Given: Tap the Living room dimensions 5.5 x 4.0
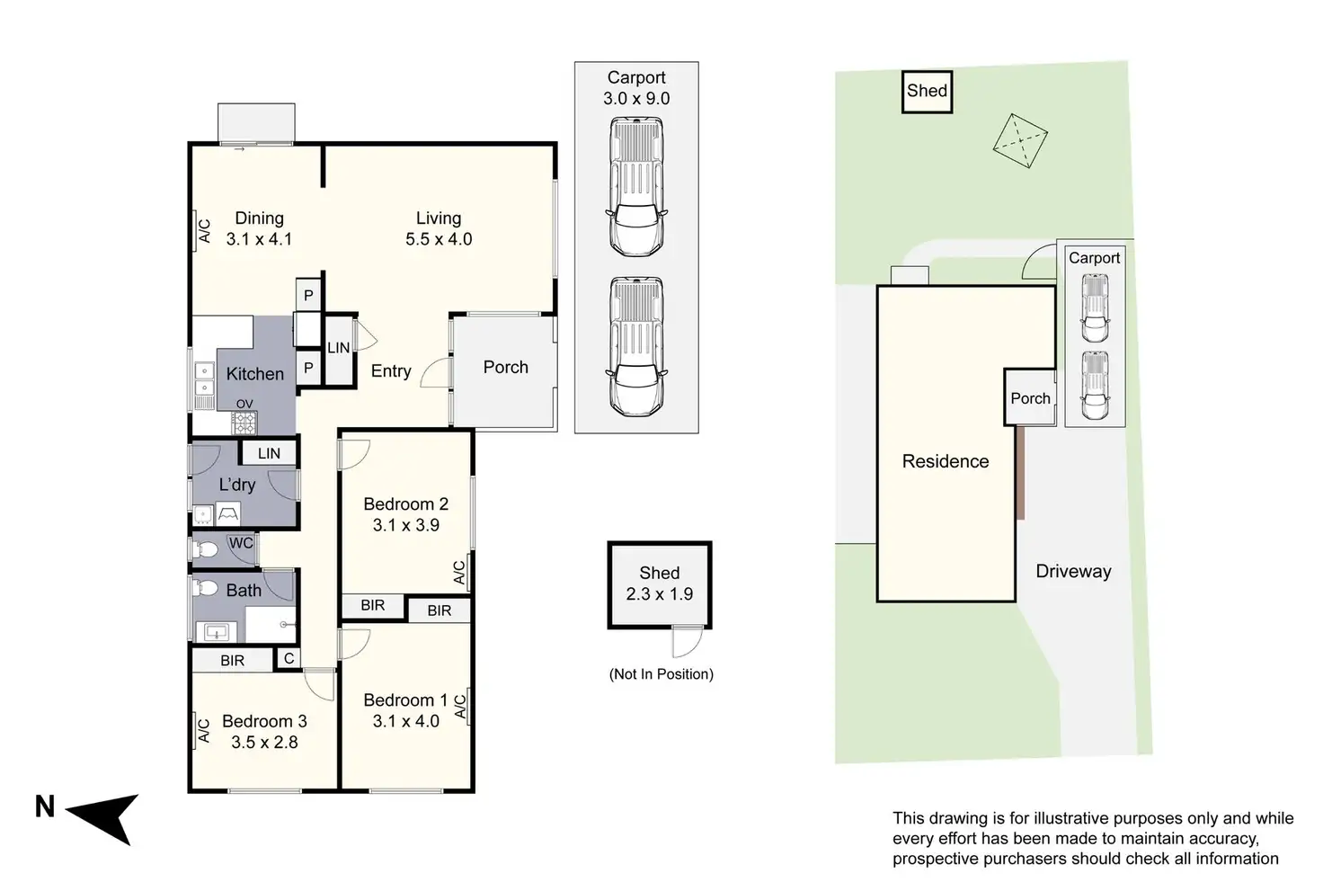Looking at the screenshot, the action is [x=439, y=240].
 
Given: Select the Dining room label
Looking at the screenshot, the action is [x=259, y=218].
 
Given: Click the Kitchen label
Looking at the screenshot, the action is [x=254, y=374].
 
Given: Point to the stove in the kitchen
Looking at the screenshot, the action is [x=244, y=422].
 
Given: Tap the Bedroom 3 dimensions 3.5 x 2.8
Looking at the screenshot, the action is [x=264, y=743].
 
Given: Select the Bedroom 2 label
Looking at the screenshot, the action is [x=405, y=504].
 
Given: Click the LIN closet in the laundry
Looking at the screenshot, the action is [x=269, y=454].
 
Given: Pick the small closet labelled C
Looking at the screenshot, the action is [x=289, y=659].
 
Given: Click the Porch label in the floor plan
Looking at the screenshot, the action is [x=505, y=368].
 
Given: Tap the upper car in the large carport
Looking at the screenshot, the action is [x=636, y=188].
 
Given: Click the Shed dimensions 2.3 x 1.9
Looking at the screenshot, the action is [x=659, y=594].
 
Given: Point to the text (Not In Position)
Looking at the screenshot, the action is [x=661, y=674].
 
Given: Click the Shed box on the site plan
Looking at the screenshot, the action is [x=927, y=91].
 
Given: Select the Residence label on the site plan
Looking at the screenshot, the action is [x=946, y=461].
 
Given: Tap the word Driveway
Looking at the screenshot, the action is [x=1073, y=572].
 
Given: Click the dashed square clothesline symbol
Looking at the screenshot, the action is [x=1020, y=140].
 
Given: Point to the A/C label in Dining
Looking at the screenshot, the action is [x=204, y=231].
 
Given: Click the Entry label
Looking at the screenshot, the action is [x=391, y=371].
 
